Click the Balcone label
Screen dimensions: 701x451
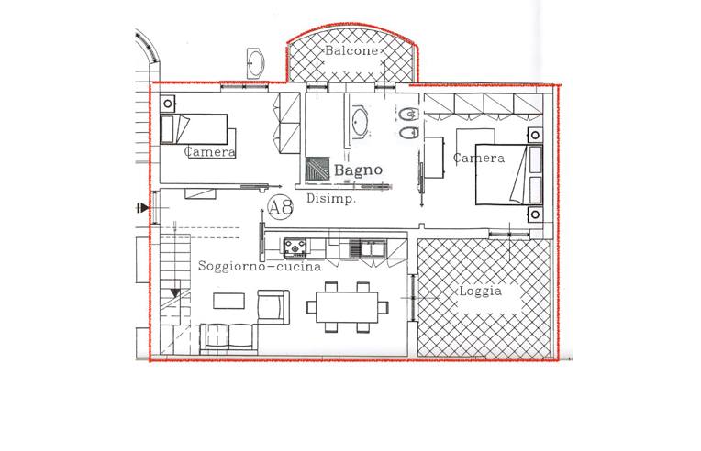(350, 50)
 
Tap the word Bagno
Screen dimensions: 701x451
(358, 170)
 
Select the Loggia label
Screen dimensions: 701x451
(481, 291)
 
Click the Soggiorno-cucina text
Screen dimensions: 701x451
(260, 266)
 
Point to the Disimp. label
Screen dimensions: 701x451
(331, 199)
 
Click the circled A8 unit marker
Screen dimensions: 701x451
(281, 208)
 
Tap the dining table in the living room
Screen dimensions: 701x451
(347, 307)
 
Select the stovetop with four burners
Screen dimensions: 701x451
(295, 247)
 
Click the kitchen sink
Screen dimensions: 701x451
(368, 247)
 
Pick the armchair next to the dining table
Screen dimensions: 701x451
(273, 306)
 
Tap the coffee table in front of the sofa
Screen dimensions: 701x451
(228, 301)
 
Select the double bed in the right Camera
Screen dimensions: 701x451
(509, 174)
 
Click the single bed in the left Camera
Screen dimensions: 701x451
(194, 129)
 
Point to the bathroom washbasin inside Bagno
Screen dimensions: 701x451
(360, 121)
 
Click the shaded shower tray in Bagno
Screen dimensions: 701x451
(317, 170)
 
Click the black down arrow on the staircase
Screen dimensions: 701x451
(175, 293)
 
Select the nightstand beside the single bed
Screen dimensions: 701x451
(168, 104)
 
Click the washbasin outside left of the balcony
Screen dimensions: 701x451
(256, 63)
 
